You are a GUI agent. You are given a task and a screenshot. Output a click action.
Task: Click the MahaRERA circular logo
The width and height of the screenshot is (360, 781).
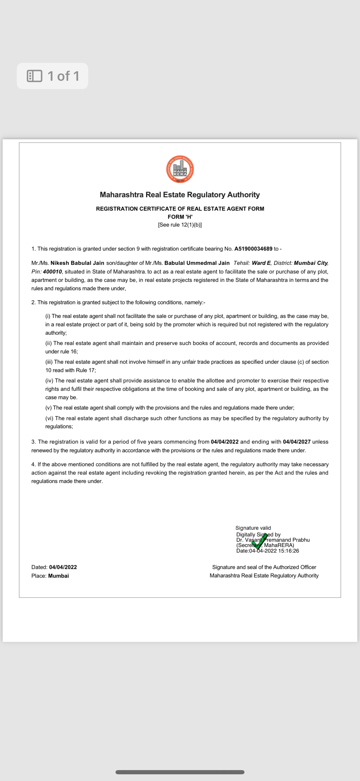(x=180, y=169)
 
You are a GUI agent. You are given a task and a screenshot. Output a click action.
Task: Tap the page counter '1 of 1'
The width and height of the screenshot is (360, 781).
(x=63, y=76)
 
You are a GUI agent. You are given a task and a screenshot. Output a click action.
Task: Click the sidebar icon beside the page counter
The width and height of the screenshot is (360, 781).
(x=35, y=76)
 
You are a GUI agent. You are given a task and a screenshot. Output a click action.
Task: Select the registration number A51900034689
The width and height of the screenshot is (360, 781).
(x=253, y=249)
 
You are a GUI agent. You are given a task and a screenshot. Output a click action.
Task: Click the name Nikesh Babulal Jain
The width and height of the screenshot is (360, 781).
(x=77, y=263)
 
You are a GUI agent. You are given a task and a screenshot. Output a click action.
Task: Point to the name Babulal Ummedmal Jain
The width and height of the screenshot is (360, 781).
(x=197, y=263)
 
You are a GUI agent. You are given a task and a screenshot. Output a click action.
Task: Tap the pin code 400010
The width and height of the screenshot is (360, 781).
(x=52, y=272)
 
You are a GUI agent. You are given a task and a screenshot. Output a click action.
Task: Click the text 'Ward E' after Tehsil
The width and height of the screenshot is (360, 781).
(x=261, y=263)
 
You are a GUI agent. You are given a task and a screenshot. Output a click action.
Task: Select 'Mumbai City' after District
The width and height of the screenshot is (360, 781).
(x=311, y=263)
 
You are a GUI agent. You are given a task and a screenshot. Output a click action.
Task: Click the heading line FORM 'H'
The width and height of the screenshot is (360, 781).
(x=180, y=217)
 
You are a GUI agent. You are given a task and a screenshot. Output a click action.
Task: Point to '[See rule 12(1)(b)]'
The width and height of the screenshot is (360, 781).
(x=180, y=225)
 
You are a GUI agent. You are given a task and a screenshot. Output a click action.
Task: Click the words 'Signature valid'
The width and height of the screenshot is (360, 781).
(x=253, y=528)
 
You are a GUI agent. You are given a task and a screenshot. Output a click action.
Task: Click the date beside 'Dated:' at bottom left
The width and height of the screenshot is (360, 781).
(x=63, y=567)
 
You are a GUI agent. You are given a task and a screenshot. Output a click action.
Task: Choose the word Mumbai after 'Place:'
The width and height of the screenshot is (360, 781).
(x=59, y=576)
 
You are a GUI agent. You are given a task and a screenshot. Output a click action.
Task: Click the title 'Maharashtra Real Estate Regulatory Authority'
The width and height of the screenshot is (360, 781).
(x=180, y=195)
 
